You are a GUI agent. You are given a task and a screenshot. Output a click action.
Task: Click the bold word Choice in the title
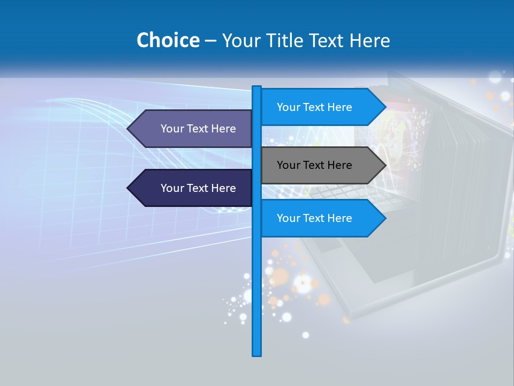[x=168, y=40]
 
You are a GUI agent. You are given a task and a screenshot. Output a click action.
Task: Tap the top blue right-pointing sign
[x=321, y=107]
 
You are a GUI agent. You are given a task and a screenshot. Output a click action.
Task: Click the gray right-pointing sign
[x=321, y=165]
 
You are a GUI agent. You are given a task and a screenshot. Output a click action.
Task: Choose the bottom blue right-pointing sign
[x=321, y=218]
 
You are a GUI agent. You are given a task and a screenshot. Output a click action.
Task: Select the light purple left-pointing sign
[x=193, y=129]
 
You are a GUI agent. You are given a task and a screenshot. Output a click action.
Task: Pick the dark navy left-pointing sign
[x=193, y=188]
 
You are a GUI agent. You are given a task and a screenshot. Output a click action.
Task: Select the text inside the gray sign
[x=314, y=165]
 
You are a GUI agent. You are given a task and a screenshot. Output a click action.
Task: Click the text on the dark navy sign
[x=198, y=188]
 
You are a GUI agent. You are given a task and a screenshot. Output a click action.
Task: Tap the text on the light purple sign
[x=198, y=129]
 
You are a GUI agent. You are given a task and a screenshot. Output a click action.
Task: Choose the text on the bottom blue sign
[x=314, y=218]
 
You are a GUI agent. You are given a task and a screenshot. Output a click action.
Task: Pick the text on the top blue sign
[x=314, y=107]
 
